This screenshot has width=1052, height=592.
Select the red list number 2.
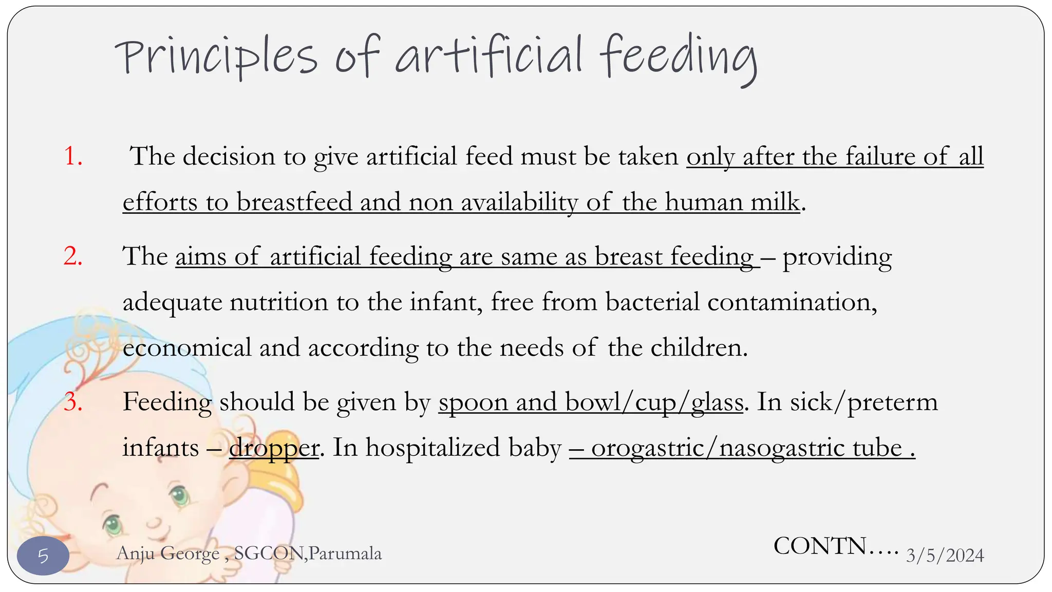coord(73,255)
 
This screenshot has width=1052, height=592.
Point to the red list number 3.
coord(73,401)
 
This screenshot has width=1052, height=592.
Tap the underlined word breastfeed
coord(294,201)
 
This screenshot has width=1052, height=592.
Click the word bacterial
coord(652,301)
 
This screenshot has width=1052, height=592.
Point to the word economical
coord(187,347)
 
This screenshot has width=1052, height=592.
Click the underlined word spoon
coord(473,401)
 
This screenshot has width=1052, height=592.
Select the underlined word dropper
coord(274,447)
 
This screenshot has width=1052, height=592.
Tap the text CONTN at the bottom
coord(820,546)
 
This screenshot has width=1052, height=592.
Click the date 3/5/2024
coord(945,556)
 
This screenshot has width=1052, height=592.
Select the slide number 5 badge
coord(43,556)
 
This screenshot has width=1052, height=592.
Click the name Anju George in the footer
coord(168,553)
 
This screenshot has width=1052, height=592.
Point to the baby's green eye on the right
coord(179,495)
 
